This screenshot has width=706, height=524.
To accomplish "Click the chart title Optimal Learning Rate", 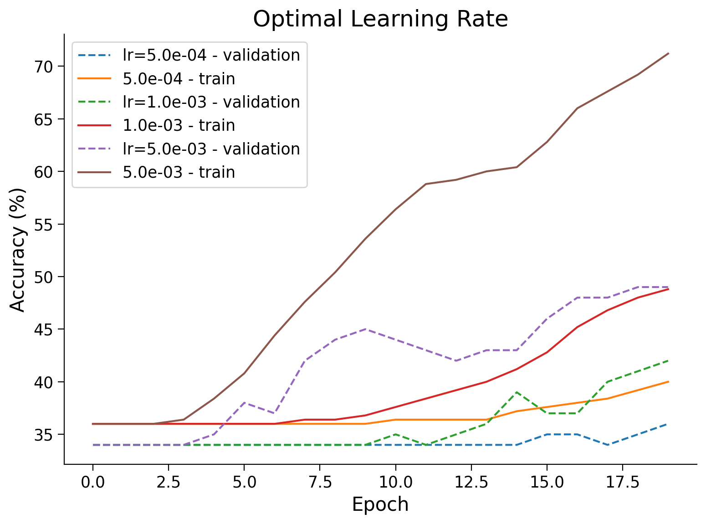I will click(x=380, y=19).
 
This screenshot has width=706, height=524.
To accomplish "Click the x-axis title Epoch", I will click(x=380, y=504).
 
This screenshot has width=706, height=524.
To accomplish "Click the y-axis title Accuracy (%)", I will click(x=18, y=250).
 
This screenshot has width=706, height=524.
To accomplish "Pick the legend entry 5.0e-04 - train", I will click(x=179, y=79).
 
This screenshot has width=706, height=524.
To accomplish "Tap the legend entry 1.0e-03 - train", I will click(x=179, y=125).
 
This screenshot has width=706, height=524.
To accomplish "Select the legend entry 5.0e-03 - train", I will click(x=179, y=172).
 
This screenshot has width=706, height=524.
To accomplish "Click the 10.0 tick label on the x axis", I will click(x=395, y=482).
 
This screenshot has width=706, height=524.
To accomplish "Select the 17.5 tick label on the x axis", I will click(x=623, y=482).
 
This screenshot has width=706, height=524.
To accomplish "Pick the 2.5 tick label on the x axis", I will click(x=169, y=482).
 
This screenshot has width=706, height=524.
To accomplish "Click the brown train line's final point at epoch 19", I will click(x=668, y=53).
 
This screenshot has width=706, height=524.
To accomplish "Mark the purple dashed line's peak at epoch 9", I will click(x=365, y=329).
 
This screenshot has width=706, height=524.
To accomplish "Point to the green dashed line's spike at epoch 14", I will click(x=517, y=392).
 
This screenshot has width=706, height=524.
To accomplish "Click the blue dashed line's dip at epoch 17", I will click(x=608, y=445).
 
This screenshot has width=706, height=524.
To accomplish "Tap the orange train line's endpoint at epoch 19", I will click(x=668, y=381).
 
